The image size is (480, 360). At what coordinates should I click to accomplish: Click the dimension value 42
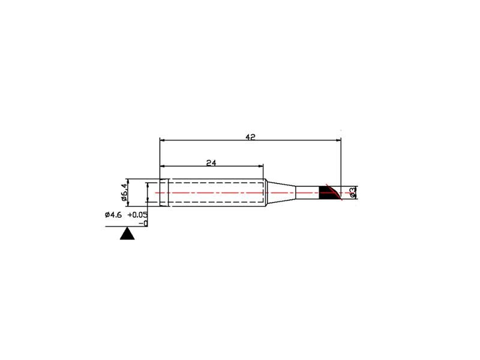(x=250, y=137)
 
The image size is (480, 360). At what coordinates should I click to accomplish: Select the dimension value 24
(x=211, y=163)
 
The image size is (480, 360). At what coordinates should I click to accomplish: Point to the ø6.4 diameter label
(x=124, y=192)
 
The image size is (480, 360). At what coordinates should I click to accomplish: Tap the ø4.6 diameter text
(x=113, y=215)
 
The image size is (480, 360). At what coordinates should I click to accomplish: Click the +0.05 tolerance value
(x=137, y=215)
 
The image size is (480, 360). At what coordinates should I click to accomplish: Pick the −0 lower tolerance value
(x=143, y=223)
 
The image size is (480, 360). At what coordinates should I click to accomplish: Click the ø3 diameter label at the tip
(x=352, y=193)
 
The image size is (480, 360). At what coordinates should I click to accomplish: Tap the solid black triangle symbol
(x=127, y=233)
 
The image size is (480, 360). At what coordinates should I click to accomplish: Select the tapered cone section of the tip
(x=281, y=193)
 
